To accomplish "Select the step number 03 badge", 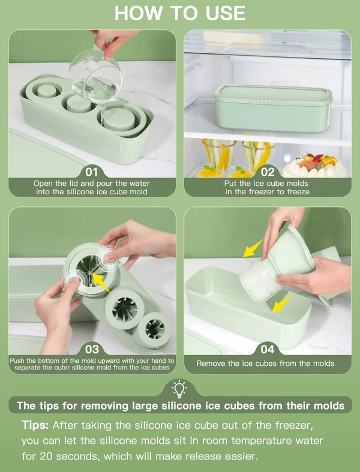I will [92, 348].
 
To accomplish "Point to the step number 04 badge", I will [268, 348].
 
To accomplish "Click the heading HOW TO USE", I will [180, 13].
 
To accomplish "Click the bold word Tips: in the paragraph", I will [35, 425].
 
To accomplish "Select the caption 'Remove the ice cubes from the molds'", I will [265, 363].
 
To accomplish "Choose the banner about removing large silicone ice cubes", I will [180, 406].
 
